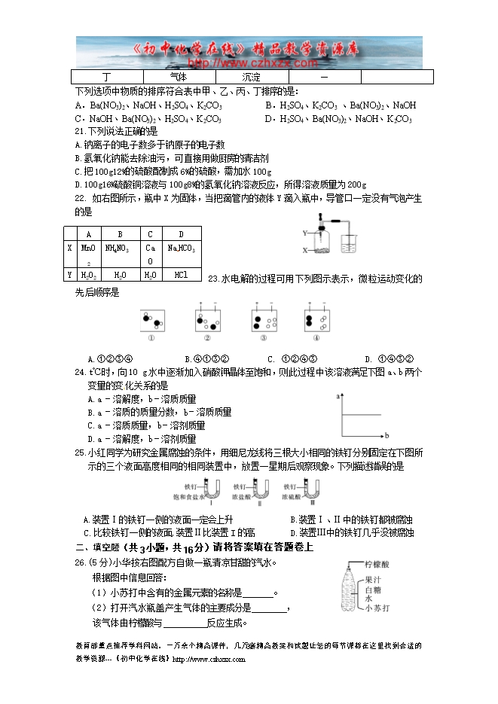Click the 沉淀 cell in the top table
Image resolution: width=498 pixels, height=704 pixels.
(x=252, y=78)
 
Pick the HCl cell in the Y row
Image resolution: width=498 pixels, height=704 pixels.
(x=181, y=275)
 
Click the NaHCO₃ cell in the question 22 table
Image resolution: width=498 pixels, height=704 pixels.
(x=181, y=248)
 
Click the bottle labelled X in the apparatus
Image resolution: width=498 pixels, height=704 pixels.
(x=321, y=241)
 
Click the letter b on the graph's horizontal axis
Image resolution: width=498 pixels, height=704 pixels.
(x=386, y=436)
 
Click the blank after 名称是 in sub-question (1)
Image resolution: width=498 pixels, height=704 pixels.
(x=258, y=593)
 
